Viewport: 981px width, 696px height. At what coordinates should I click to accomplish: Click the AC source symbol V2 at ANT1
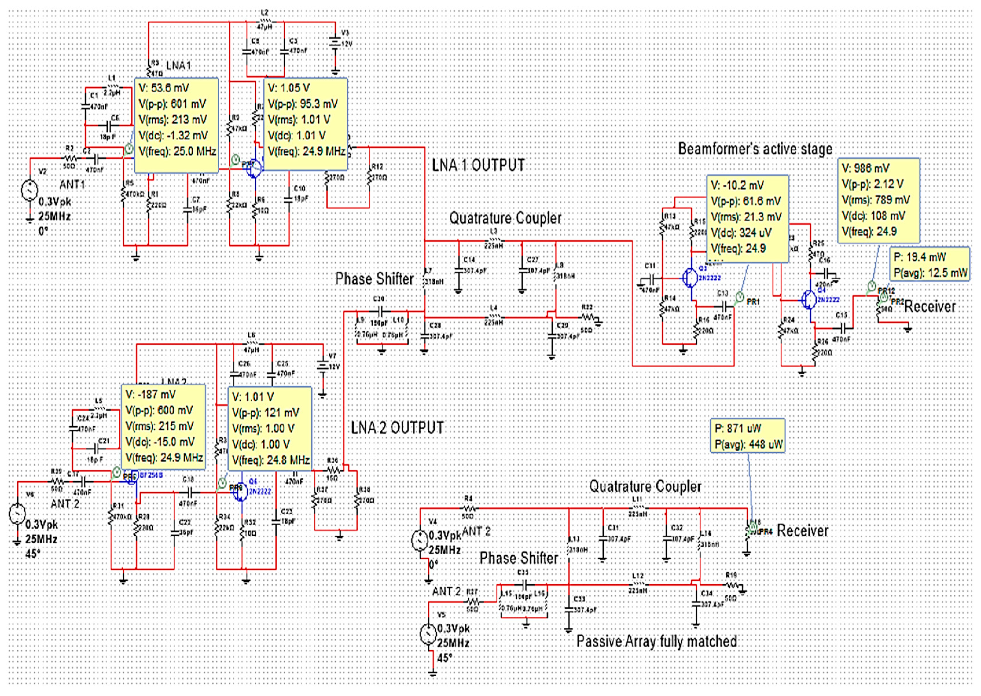click(x=30, y=190)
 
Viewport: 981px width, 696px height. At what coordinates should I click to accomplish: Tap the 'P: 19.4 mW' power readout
click(x=919, y=257)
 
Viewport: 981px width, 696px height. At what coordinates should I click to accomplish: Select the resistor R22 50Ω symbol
click(x=588, y=317)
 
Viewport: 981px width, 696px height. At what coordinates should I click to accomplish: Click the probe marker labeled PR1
click(x=739, y=297)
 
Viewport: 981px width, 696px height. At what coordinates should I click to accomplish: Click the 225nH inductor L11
click(x=637, y=509)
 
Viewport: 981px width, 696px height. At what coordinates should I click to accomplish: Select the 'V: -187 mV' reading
click(x=150, y=394)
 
